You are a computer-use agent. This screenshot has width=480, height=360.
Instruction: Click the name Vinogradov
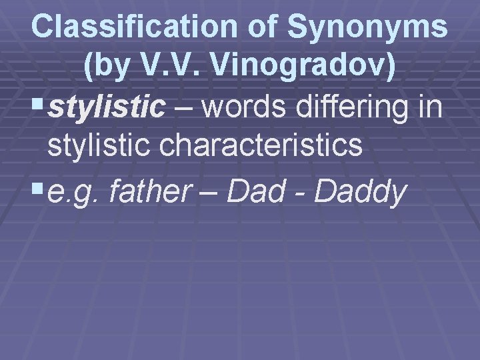(303, 66)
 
